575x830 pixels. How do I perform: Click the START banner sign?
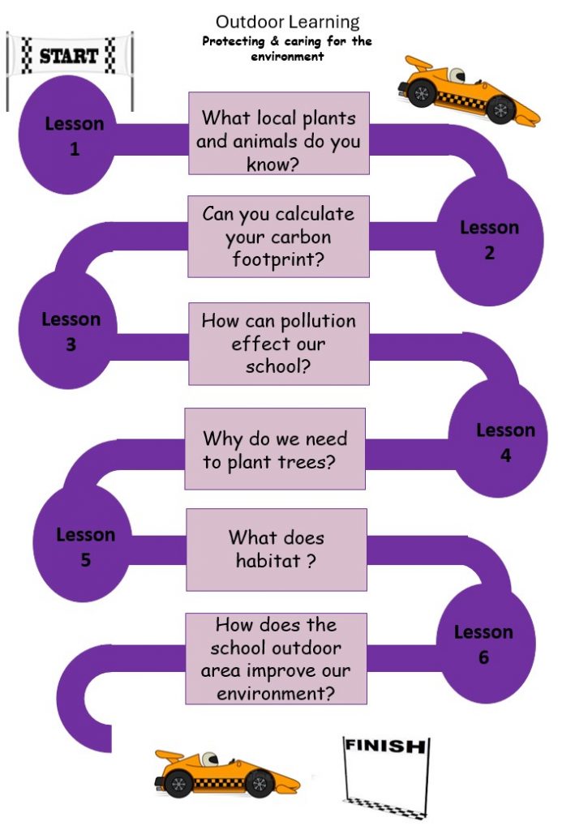click(x=69, y=56)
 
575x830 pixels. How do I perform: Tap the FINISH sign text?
click(x=385, y=746)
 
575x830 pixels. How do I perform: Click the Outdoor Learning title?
click(x=287, y=22)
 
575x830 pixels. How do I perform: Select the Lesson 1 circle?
click(x=68, y=135)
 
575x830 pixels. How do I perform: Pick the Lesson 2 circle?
click(x=490, y=241)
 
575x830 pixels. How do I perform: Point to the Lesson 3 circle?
click(x=68, y=331)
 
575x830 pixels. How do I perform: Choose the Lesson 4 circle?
click(x=498, y=439)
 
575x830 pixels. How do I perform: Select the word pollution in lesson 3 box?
click(x=318, y=321)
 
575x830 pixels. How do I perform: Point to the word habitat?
click(x=268, y=560)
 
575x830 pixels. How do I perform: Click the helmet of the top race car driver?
click(x=456, y=74)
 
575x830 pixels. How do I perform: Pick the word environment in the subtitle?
click(x=287, y=57)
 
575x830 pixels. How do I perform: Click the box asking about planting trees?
click(x=275, y=449)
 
